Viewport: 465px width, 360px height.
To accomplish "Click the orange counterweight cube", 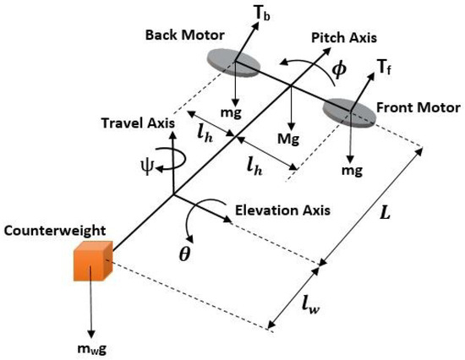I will point(90,263).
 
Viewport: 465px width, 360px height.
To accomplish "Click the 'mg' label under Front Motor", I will point(352,170).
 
